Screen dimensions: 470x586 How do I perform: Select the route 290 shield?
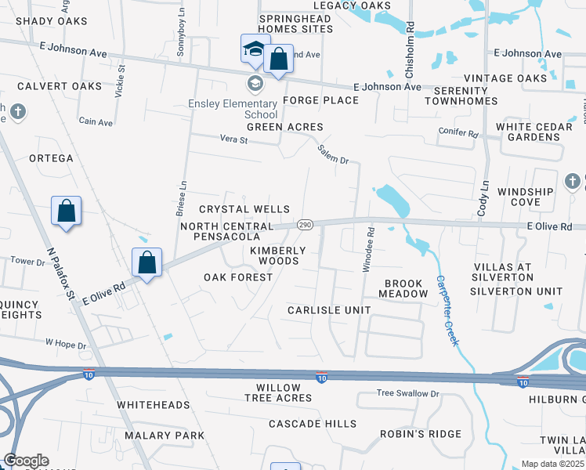click(306, 225)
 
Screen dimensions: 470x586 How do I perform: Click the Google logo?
click(25, 461)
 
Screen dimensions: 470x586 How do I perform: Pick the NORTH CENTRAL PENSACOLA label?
click(226, 231)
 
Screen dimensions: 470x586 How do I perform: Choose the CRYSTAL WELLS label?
click(244, 209)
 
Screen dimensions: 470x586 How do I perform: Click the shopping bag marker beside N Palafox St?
click(67, 211)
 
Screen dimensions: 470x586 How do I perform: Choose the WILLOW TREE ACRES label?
click(278, 392)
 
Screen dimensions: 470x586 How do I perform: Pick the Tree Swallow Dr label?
click(407, 393)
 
